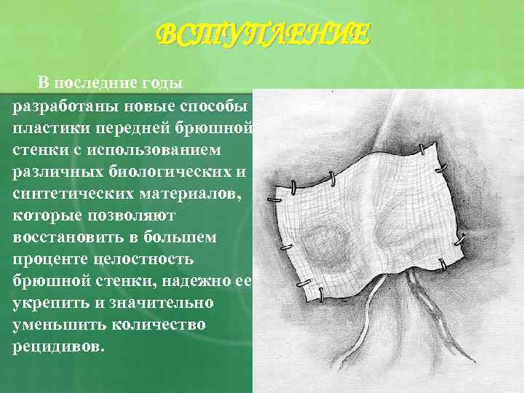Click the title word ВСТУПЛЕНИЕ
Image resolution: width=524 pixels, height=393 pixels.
[263, 34]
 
